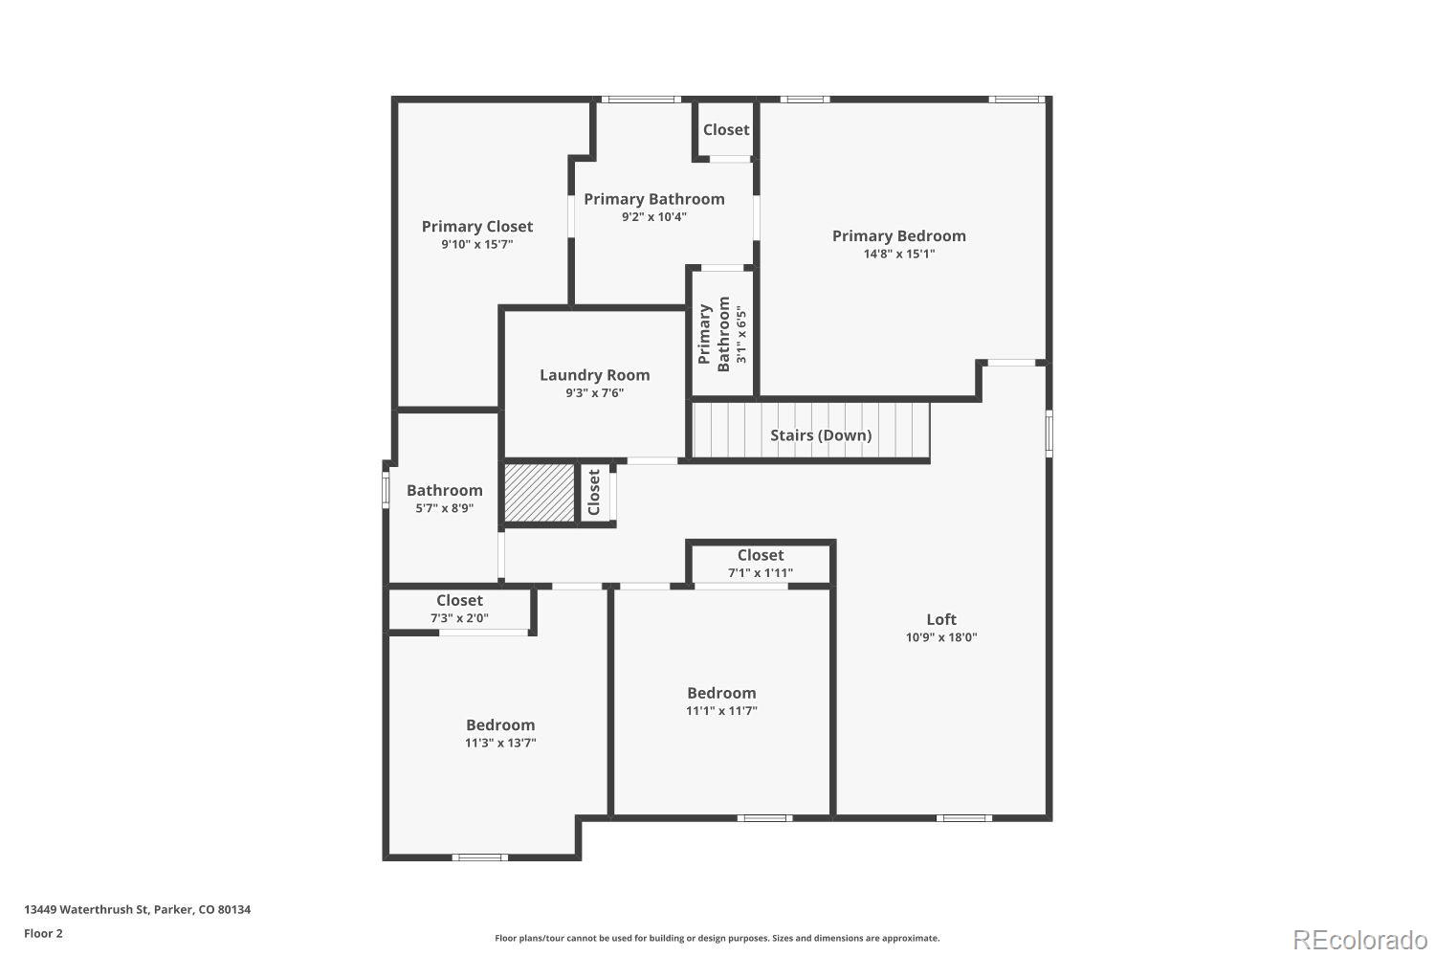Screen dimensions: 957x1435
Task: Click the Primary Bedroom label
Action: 898,235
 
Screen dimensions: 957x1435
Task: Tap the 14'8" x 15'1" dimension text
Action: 898,255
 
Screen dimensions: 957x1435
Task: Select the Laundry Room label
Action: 594,375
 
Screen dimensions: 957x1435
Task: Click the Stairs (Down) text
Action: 821,435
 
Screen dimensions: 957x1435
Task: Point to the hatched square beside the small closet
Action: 539,493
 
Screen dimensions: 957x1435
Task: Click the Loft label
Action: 941,619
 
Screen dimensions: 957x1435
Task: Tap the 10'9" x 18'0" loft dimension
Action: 941,637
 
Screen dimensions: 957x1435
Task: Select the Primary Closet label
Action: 476,226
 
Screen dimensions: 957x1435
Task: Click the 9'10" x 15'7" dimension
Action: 476,245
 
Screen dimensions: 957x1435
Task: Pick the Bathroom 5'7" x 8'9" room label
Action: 444,490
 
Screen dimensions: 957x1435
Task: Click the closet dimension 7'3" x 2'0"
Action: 459,618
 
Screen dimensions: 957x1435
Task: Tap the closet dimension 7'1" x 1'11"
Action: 761,573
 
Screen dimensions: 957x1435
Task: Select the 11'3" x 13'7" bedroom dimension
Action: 500,743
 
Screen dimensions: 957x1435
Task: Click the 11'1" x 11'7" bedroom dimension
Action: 721,711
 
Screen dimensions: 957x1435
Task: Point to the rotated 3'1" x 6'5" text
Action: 740,334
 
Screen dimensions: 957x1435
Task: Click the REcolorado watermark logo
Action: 1358,939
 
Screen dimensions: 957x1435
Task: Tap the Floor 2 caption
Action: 43,933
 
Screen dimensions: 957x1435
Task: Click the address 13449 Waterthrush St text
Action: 137,909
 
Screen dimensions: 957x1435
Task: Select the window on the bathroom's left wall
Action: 386,489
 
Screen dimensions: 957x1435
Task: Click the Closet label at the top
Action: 726,130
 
